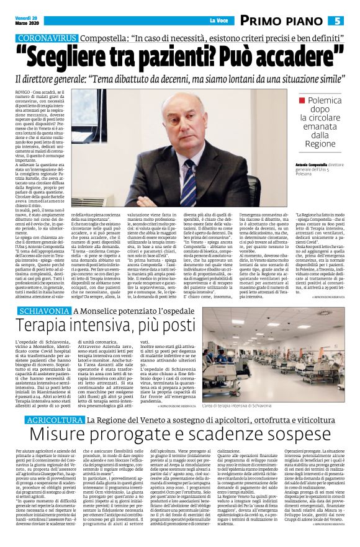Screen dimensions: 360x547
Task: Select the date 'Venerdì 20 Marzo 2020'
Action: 26,20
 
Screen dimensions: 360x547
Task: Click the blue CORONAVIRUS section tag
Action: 45,38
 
